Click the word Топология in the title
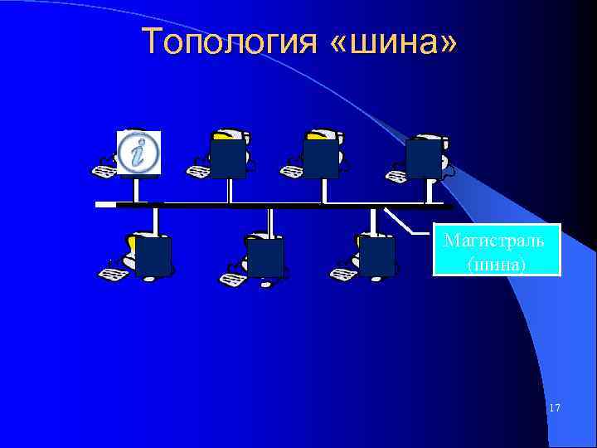click(x=228, y=41)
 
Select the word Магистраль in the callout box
click(x=494, y=241)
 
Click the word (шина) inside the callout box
click(x=496, y=264)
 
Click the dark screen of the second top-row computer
click(x=228, y=158)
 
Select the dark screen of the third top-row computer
click(x=321, y=158)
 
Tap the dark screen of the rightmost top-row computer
click(x=423, y=158)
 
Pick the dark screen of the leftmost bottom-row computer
click(x=153, y=256)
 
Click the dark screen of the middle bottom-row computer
click(x=265, y=256)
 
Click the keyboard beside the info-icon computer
click(x=105, y=173)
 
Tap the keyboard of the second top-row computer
click(x=199, y=171)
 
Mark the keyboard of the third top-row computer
click(x=292, y=171)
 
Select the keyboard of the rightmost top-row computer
click(x=396, y=173)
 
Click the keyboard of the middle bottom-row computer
click(x=231, y=279)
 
